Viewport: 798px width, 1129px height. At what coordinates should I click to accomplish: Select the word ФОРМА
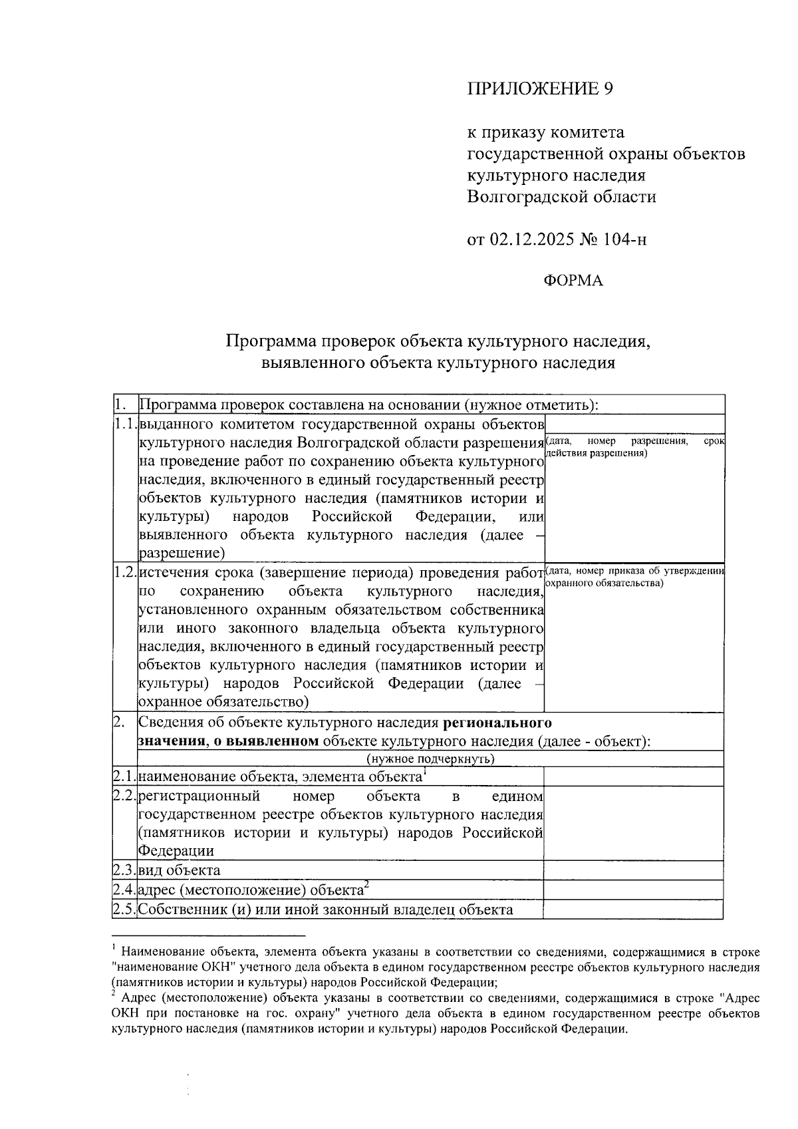point(573,281)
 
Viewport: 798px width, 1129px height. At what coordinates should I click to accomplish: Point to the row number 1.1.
point(125,424)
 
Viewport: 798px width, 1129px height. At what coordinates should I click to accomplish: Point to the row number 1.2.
point(125,572)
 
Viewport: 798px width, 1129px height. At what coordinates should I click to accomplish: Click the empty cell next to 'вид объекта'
point(633,870)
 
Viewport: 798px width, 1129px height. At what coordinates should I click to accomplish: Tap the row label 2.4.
point(125,890)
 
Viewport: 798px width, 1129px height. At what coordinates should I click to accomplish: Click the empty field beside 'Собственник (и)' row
point(633,909)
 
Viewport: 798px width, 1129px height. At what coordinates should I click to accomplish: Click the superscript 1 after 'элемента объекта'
point(424,771)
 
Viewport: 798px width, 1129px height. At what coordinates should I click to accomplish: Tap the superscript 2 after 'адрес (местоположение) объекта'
point(366,885)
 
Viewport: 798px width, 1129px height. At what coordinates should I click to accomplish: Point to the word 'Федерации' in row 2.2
point(176,851)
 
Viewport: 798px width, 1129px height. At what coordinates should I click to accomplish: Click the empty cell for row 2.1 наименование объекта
point(633,776)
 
